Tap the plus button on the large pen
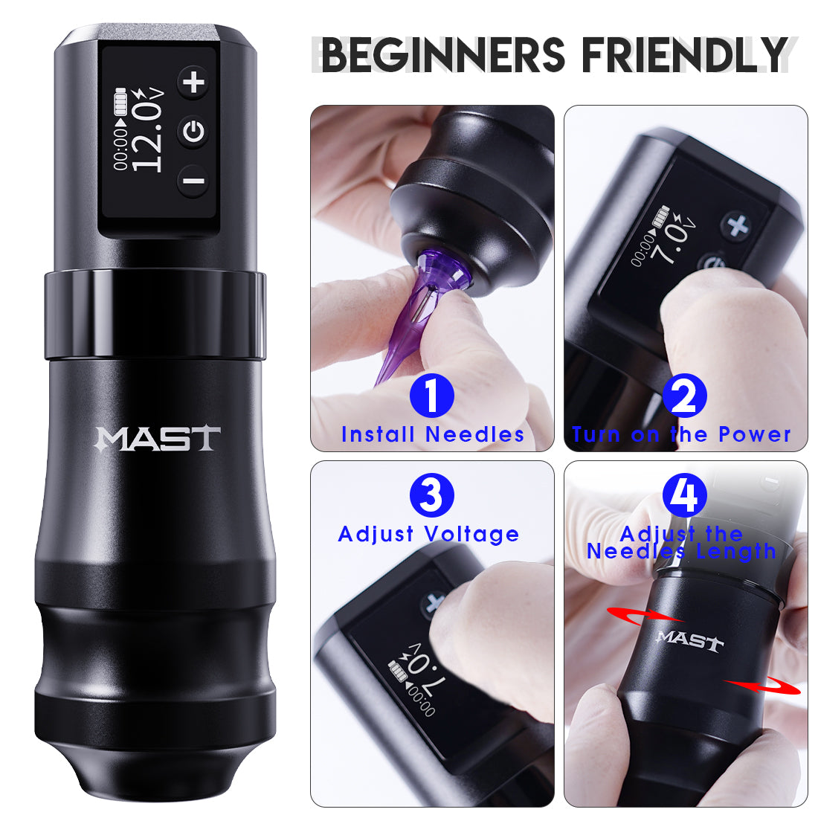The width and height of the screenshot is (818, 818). coord(195,81)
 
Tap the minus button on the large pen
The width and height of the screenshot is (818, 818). coord(193,181)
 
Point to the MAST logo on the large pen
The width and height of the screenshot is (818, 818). coord(158,439)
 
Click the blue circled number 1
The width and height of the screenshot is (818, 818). coord(431,395)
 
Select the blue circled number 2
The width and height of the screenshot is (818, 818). coord(684,395)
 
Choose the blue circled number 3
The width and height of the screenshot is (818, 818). coord(431,495)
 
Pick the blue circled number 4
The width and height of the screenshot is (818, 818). coord(684,495)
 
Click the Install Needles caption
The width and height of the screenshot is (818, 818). coord(433,434)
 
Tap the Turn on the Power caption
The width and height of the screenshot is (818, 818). coord(681,434)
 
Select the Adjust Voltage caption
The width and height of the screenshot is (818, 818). coord(428,534)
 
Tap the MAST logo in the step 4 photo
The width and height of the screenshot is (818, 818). coord(689,640)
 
